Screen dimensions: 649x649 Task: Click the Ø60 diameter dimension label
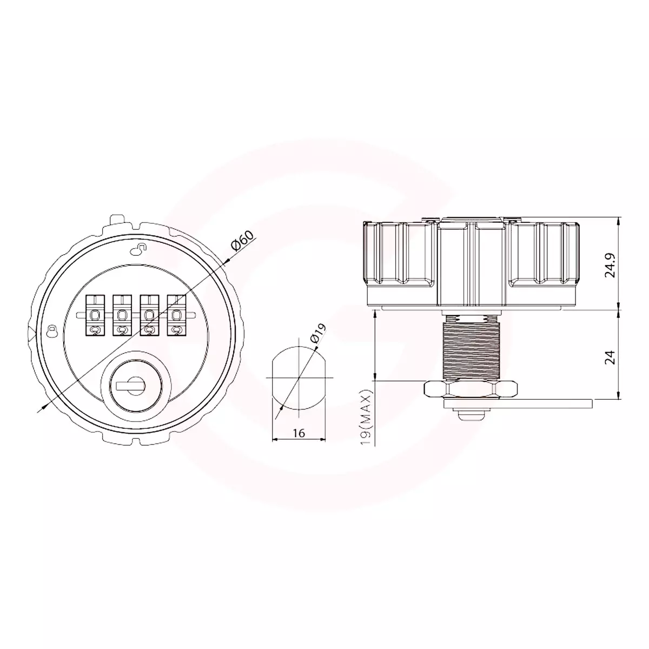pos(242,241)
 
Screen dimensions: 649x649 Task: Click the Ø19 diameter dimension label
pos(319,333)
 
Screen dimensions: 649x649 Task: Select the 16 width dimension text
pos(299,433)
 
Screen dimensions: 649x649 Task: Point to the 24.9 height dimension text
pos(610,264)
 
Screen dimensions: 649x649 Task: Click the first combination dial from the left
pos(95,315)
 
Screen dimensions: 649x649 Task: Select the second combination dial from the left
pos(122,315)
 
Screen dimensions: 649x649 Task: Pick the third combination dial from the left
pos(149,315)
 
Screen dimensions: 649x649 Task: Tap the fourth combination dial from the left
pos(176,315)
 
